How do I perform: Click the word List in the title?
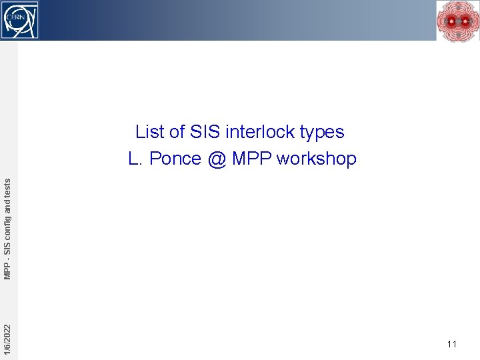click(150, 132)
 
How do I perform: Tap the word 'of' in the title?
click(177, 132)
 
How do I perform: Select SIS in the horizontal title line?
click(205, 132)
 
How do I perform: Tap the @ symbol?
click(216, 159)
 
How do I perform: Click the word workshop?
click(317, 159)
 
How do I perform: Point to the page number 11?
click(452, 344)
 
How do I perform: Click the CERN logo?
click(20, 20)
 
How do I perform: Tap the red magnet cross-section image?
click(457, 21)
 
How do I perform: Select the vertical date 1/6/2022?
click(7, 339)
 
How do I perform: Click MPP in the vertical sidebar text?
click(7, 271)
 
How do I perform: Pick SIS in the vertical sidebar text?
click(7, 247)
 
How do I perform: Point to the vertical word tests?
click(7, 185)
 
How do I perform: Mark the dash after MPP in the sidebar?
click(7, 259)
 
